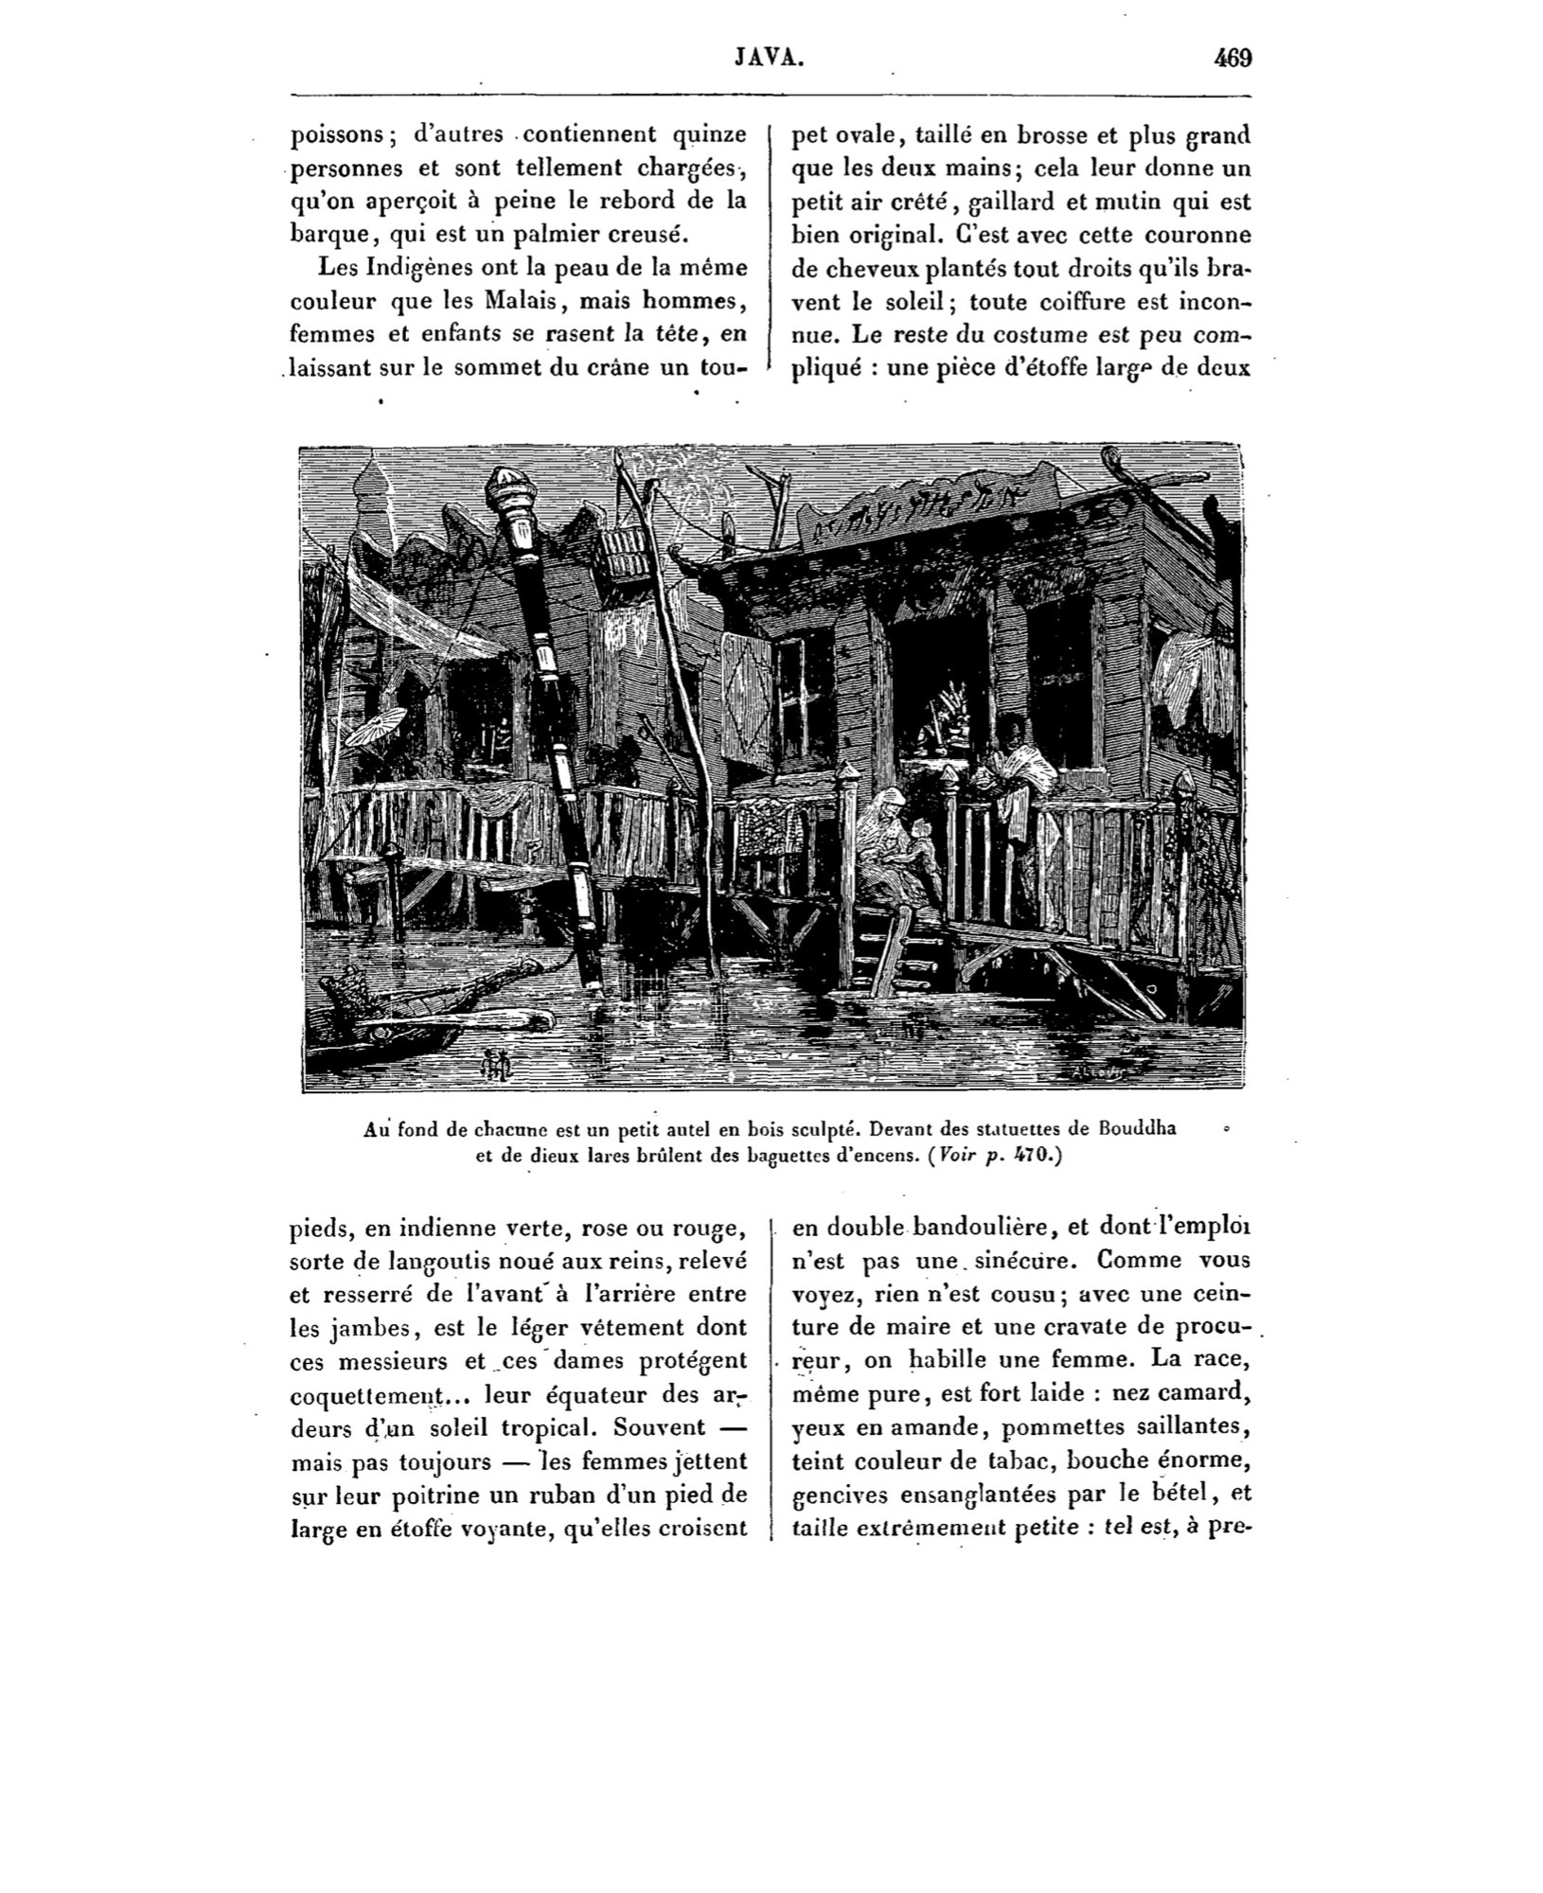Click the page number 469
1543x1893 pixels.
click(1233, 59)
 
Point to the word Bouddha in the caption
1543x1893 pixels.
click(1137, 1129)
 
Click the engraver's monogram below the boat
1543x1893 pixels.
click(496, 1065)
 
